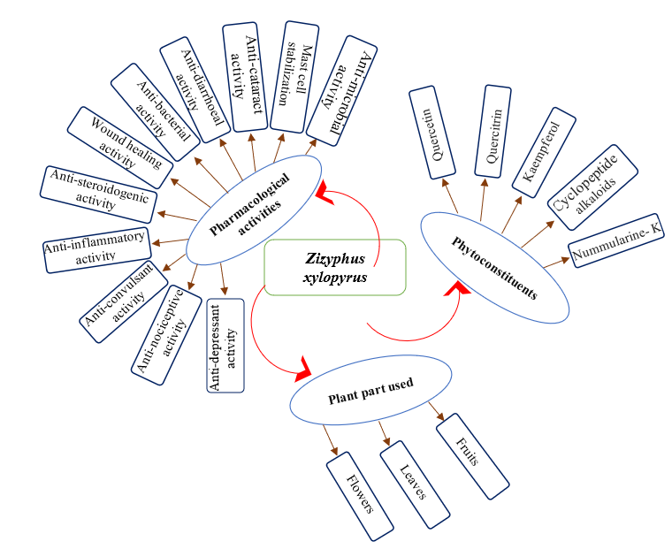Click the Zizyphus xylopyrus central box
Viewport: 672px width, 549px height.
pos(335,267)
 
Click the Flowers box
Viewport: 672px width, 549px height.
pos(359,495)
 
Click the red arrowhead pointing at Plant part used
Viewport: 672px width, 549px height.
pos(302,370)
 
